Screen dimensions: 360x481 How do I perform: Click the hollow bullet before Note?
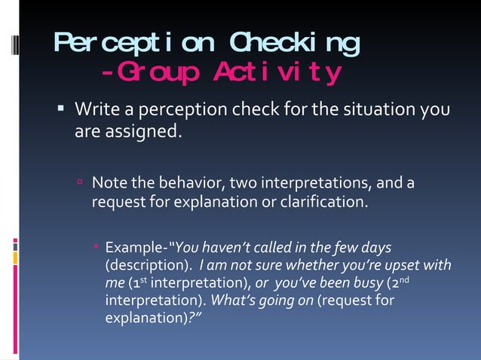pyautogui.click(x=80, y=183)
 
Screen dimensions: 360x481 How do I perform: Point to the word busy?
pyautogui.click(x=363, y=283)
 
